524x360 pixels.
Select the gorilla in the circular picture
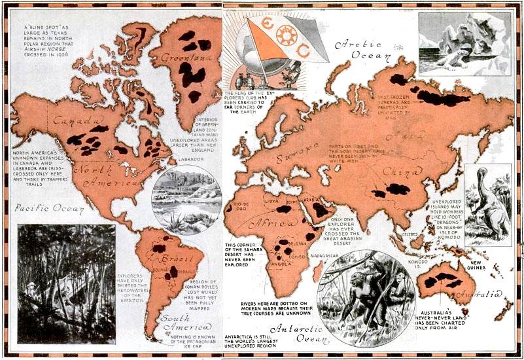(x=357, y=291)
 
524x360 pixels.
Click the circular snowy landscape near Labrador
(x=186, y=198)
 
